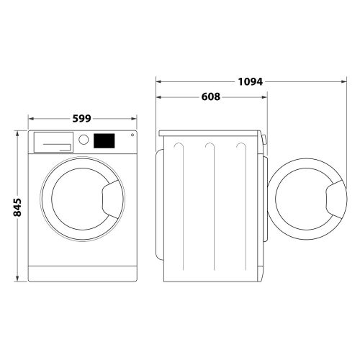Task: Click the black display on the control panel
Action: pos(104,140)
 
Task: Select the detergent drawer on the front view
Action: pos(53,141)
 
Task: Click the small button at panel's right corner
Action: pos(131,136)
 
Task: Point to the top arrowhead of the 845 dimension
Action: pos(17,133)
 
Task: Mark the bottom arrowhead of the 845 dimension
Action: pos(17,282)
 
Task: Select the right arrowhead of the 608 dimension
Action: pos(261,97)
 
